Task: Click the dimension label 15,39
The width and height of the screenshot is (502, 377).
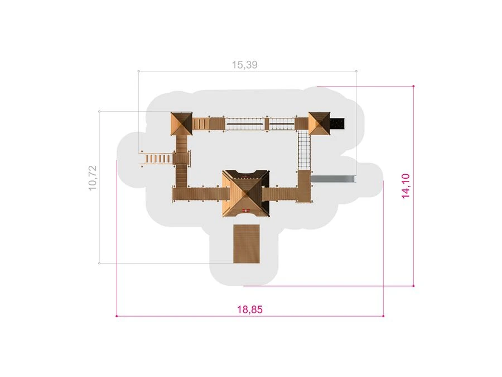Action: point(245,65)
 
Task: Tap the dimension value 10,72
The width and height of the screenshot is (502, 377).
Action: point(93,178)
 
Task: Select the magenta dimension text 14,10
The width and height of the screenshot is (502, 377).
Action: point(406,186)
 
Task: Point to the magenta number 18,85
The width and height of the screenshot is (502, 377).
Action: point(250,309)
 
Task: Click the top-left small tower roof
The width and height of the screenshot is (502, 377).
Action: point(181,124)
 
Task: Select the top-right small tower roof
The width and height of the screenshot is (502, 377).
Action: point(319,123)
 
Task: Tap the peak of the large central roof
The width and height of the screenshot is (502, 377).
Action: point(246,193)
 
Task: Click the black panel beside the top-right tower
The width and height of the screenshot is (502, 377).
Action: point(337,124)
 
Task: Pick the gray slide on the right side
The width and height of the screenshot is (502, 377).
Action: point(334,179)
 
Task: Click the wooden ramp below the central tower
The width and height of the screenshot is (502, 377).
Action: point(246,244)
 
